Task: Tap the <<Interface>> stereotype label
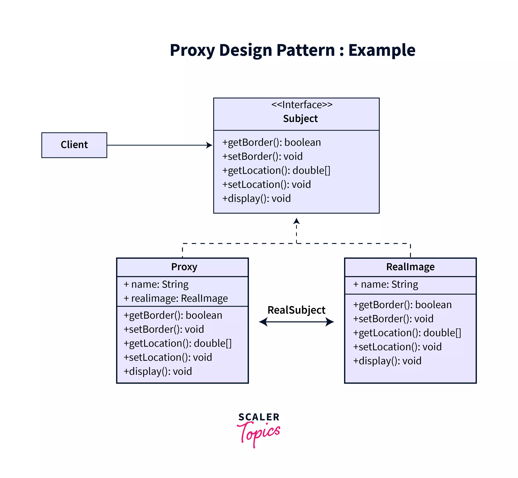[302, 105]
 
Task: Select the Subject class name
[300, 118]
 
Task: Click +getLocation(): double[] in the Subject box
[276, 170]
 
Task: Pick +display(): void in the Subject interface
[256, 198]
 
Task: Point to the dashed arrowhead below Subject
[296, 221]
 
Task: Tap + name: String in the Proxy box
[156, 284]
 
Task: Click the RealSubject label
[296, 310]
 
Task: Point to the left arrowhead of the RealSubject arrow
[263, 322]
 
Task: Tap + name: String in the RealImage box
[385, 284]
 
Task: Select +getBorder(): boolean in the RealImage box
[402, 305]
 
